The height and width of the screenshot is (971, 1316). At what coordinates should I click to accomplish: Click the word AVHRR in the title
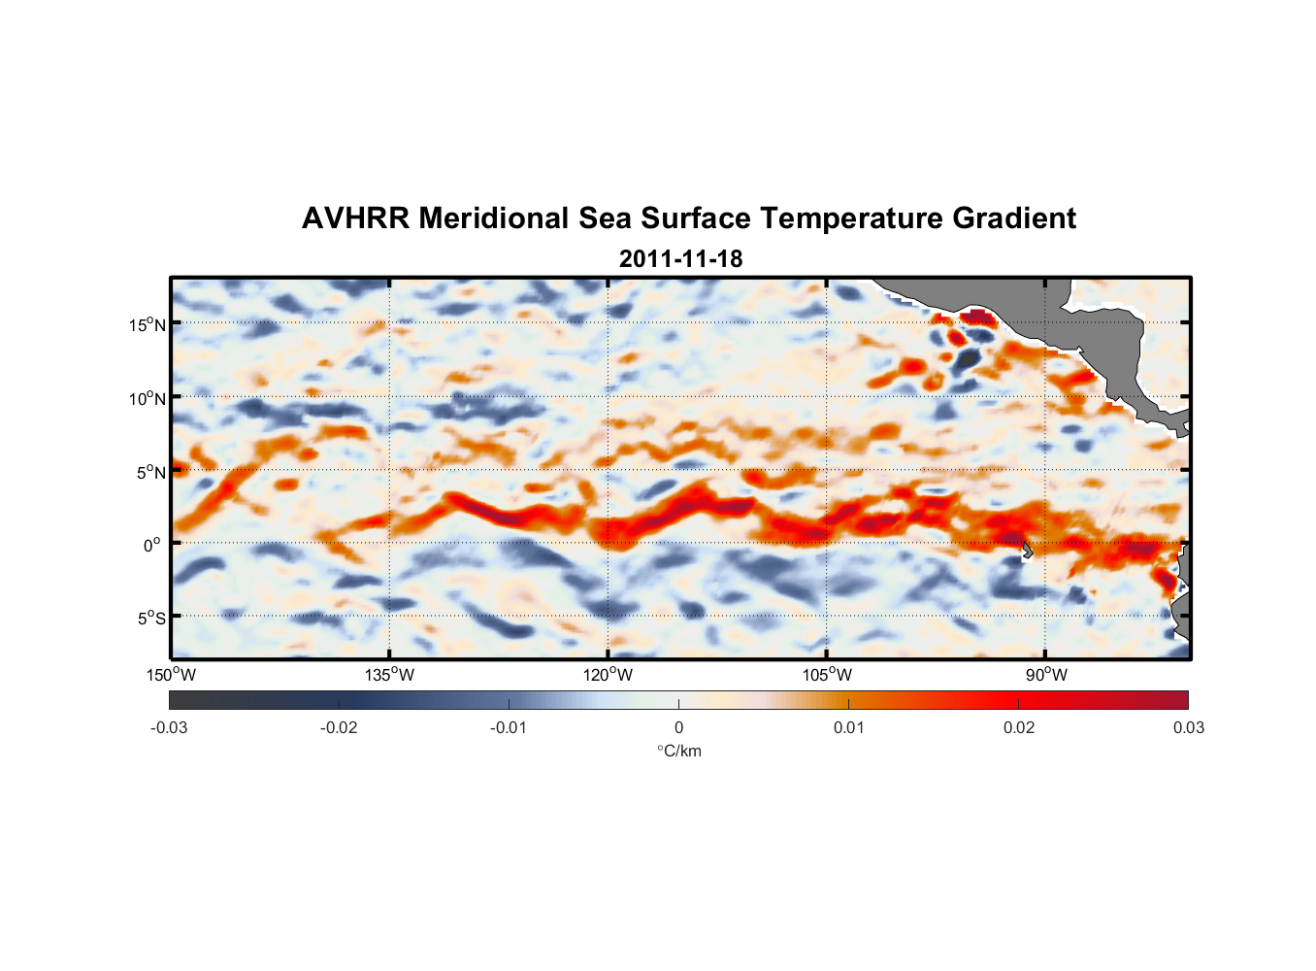[355, 218]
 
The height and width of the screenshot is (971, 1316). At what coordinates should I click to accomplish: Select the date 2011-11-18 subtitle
[680, 259]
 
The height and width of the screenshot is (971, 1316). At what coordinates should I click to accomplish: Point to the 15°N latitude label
[148, 324]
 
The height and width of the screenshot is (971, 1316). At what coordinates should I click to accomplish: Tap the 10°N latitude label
[148, 398]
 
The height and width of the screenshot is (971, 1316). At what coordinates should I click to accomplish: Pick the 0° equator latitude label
[152, 545]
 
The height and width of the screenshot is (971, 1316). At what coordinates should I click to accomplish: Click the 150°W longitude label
[171, 675]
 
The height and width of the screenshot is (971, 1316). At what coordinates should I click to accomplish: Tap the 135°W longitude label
[390, 675]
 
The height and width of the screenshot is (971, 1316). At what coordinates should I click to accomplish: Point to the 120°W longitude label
[609, 675]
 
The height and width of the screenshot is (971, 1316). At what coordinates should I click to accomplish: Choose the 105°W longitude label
[827, 675]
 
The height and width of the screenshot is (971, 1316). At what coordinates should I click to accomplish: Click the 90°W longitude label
[1046, 675]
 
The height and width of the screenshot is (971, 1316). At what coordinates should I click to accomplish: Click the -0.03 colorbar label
[169, 728]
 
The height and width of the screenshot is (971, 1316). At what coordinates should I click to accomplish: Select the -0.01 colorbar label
[509, 728]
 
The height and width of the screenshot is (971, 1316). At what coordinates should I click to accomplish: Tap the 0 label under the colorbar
[678, 728]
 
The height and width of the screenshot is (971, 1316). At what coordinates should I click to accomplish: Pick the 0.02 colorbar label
[1019, 728]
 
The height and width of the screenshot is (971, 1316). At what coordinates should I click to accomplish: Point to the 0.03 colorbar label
[1188, 728]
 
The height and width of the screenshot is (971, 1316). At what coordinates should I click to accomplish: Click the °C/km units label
[679, 751]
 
